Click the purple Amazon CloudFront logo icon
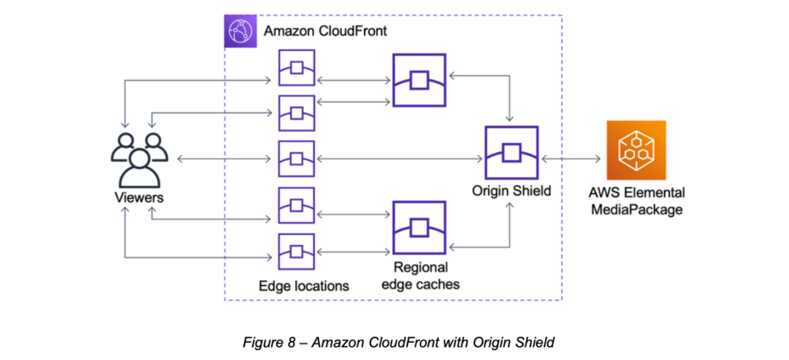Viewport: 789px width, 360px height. point(240,31)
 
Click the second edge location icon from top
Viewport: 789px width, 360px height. point(296,113)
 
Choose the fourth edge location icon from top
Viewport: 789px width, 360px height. point(296,205)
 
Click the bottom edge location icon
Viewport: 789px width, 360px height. point(296,251)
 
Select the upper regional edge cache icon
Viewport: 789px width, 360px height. point(419,81)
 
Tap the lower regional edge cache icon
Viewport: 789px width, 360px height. point(419,228)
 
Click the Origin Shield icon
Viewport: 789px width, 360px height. point(511,153)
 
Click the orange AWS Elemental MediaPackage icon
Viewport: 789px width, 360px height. point(635,150)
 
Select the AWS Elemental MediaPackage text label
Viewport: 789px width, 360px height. point(637,201)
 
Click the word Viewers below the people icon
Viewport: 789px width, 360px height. point(139,198)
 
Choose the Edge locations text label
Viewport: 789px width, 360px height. point(303,286)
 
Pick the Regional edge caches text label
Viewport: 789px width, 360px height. point(420,275)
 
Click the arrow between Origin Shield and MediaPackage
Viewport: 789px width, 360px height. point(572,157)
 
